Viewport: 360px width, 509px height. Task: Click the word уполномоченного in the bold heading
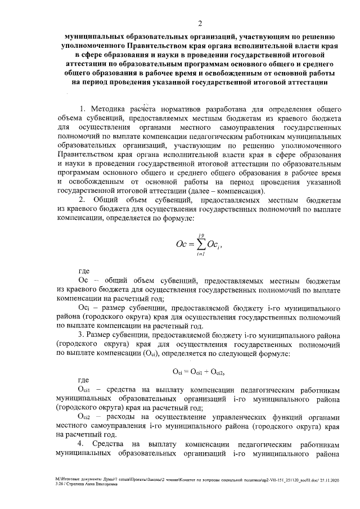(x=93, y=46)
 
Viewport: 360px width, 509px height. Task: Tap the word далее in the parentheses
(x=192, y=191)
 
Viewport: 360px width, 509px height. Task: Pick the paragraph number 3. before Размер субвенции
(x=82, y=335)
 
